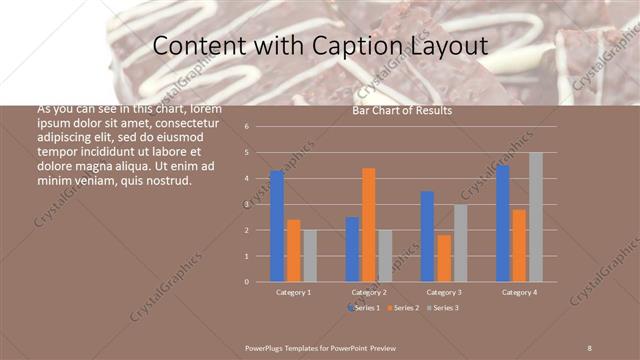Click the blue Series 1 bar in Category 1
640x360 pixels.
(x=276, y=226)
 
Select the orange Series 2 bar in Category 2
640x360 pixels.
(x=369, y=225)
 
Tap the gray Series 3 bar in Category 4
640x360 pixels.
(x=536, y=217)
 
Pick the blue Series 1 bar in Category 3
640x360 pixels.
(x=427, y=236)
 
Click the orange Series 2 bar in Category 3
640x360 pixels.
(x=444, y=258)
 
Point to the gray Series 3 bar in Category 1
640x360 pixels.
(x=310, y=255)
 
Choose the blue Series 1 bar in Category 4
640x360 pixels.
(x=502, y=223)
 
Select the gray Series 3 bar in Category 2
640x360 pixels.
(x=386, y=255)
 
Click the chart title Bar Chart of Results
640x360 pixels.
(x=402, y=111)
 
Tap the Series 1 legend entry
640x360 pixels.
(x=366, y=307)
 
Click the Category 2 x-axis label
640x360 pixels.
(x=369, y=292)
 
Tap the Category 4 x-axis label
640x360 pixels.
(x=519, y=292)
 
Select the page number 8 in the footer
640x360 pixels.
(x=590, y=347)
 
